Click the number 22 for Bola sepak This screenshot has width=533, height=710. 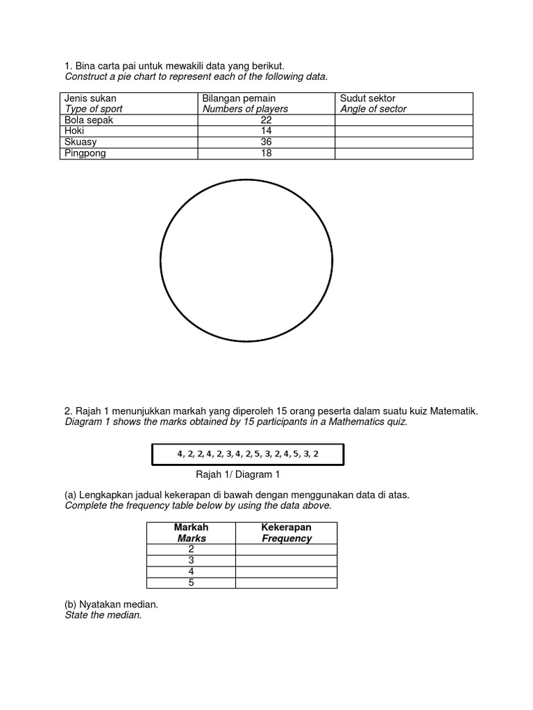266,120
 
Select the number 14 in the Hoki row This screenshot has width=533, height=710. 266,131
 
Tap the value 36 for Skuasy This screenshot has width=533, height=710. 266,142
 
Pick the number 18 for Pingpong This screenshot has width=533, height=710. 266,153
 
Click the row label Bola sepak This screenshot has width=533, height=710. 88,120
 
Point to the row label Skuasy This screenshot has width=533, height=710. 81,142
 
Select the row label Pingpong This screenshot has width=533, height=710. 85,153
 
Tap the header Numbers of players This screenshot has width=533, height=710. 245,109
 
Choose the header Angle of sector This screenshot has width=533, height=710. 373,109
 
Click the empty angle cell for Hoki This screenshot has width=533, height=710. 403,131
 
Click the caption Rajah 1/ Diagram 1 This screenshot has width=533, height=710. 239,475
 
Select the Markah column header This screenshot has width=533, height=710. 192,528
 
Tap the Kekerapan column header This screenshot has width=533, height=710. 287,528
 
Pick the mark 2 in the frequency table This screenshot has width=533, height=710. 192,549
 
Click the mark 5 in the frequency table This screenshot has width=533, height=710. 192,582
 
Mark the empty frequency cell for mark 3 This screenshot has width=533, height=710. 287,560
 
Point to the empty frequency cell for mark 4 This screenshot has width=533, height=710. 287,571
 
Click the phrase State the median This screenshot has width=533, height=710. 103,615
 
